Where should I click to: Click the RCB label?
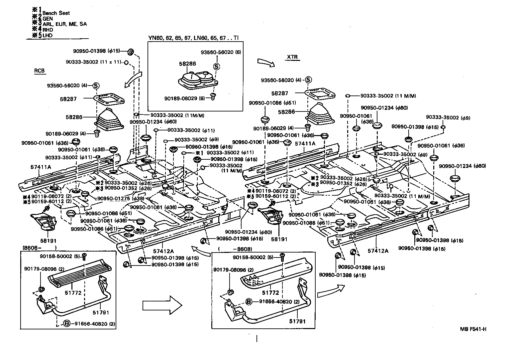pos(39,71)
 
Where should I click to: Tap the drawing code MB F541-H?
pos(473,329)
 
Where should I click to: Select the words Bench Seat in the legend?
pos(56,13)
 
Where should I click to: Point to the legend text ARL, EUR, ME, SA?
pos(64,24)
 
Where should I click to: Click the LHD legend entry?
pos(48,35)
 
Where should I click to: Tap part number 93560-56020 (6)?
pos(221,52)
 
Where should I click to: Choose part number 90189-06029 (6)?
pos(184,98)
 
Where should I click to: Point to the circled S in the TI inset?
pos(216,67)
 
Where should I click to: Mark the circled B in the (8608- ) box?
pos(67,323)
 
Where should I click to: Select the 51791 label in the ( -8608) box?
pos(297,321)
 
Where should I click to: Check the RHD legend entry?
pos(48,30)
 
